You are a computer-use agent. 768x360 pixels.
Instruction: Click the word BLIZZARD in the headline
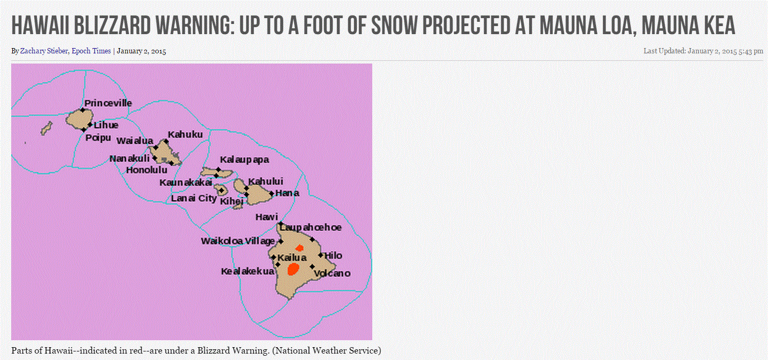(x=112, y=26)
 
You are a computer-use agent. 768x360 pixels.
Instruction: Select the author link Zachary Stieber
(x=44, y=51)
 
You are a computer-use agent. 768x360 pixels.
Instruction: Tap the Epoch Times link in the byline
(x=91, y=51)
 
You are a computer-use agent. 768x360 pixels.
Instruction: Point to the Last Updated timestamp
(x=703, y=51)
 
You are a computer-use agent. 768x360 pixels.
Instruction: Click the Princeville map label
(x=108, y=103)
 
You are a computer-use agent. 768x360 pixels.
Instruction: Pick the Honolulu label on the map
(x=147, y=170)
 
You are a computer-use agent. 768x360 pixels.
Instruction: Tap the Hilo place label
(x=333, y=255)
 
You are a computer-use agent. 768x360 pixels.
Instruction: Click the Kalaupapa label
(x=245, y=160)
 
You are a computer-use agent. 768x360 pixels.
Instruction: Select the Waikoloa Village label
(x=238, y=241)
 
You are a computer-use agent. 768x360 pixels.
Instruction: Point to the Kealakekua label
(x=247, y=271)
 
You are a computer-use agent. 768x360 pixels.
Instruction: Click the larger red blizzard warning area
(x=293, y=269)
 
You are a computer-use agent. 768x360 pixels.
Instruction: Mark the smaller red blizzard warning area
(x=300, y=248)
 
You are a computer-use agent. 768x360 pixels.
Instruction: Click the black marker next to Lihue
(x=90, y=125)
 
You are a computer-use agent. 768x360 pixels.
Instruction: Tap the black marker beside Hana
(x=271, y=194)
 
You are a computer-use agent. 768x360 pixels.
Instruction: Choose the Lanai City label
(x=194, y=198)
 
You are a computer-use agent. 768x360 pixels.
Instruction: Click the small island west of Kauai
(x=46, y=128)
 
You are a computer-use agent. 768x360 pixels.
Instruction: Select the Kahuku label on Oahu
(x=185, y=135)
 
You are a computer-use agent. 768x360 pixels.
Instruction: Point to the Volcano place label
(x=332, y=273)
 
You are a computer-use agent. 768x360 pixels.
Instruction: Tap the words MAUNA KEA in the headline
(x=688, y=26)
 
